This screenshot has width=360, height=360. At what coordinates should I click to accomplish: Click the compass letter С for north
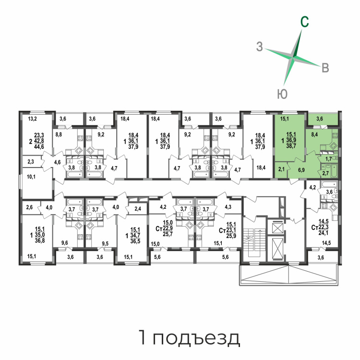305,22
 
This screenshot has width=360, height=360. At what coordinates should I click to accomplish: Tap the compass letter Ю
282,94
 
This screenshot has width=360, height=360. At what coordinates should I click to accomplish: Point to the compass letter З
259,47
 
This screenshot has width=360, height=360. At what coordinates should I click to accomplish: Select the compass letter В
325,68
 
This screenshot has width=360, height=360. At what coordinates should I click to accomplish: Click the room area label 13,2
32,119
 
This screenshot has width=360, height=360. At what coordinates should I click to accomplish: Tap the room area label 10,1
31,177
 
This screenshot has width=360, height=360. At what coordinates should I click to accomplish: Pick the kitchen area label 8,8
59,134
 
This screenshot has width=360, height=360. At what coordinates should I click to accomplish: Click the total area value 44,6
39,147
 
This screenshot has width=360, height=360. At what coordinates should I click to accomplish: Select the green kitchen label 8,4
314,135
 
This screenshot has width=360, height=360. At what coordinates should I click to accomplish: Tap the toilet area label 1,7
328,159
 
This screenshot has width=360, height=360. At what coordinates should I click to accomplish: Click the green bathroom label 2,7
325,173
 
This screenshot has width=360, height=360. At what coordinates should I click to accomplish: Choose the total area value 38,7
291,146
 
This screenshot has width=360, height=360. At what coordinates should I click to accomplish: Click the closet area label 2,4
138,209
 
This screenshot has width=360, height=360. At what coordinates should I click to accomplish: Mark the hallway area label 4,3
228,207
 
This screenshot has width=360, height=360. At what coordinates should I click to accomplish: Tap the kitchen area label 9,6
64,243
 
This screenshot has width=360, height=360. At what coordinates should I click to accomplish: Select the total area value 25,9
231,236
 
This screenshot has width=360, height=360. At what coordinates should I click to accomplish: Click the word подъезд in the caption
196,338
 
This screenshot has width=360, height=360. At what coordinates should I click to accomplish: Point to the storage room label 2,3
31,162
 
